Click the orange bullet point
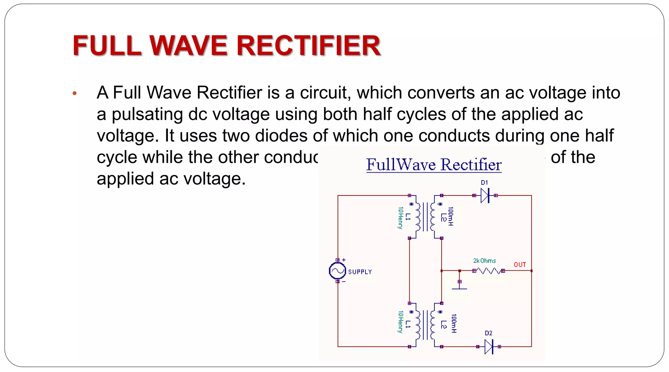tap(74, 93)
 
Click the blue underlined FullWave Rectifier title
tap(433, 164)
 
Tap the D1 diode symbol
tap(485, 195)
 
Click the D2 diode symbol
tap(489, 347)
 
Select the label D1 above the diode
tap(484, 183)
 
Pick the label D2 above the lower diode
tap(488, 333)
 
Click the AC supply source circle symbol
tap(337, 271)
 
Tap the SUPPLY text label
tap(360, 272)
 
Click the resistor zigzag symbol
tap(488, 271)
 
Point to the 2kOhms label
tap(484, 261)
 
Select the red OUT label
tap(520, 264)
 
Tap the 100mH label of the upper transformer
tap(450, 216)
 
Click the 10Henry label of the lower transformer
tap(400, 322)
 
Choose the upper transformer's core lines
tap(425, 217)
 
